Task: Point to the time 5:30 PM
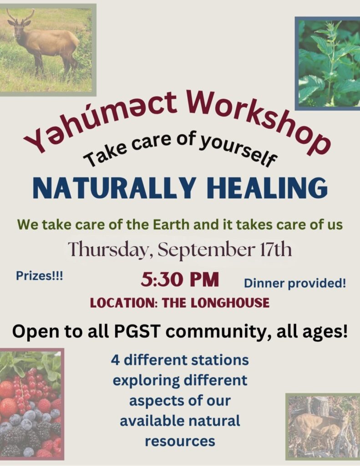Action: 180,280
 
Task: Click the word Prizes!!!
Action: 39,276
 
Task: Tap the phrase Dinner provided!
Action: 295,284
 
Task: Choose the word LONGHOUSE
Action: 230,303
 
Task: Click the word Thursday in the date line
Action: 110,250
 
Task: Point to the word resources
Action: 180,441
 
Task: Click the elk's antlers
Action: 20,17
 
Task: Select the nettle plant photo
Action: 327,64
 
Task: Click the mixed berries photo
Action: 32,404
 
